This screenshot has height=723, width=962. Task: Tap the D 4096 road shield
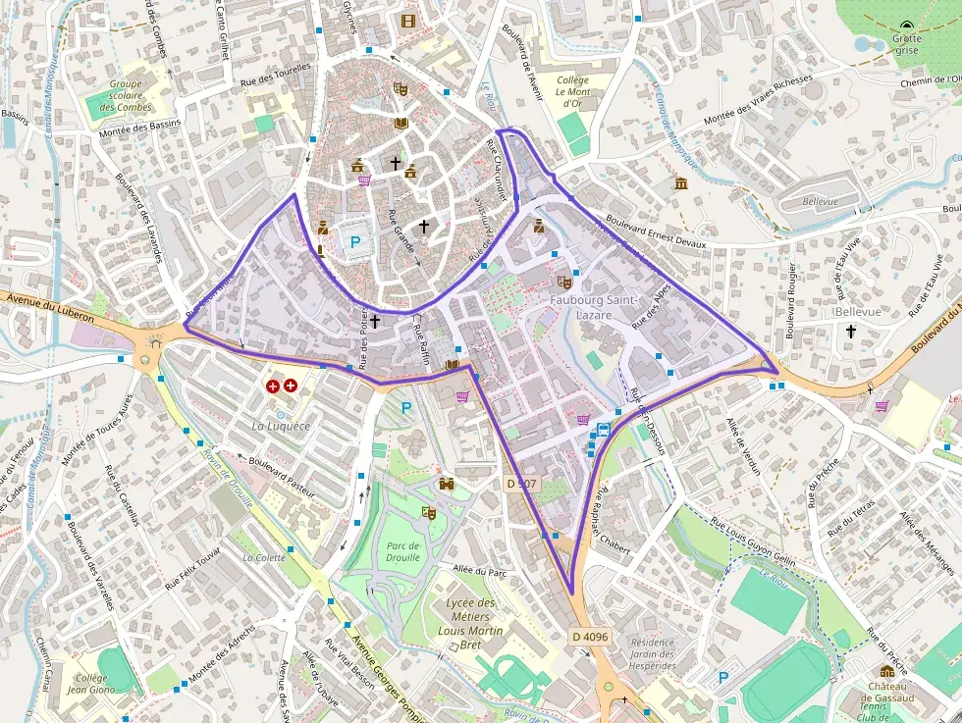coord(590,637)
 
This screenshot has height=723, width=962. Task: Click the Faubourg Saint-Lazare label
coord(595,307)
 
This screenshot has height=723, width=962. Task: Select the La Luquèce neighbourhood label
coord(281,426)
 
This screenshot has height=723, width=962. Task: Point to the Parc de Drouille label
coord(402,551)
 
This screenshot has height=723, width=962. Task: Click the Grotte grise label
coord(907,45)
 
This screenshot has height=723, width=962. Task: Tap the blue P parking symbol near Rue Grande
coord(355,240)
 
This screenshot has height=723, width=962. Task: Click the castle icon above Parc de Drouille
coord(448,484)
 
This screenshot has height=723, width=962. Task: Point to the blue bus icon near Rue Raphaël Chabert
coord(603,429)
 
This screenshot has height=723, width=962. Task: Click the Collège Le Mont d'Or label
coord(574,91)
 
